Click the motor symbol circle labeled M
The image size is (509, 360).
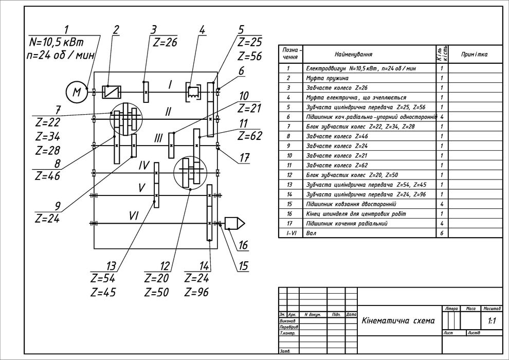77,92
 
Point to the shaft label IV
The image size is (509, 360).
143,166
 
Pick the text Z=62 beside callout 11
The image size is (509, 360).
250,136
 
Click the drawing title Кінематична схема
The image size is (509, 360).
398,321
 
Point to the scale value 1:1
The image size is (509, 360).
492,321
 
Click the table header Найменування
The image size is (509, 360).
353,54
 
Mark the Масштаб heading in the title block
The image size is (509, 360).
492,309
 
